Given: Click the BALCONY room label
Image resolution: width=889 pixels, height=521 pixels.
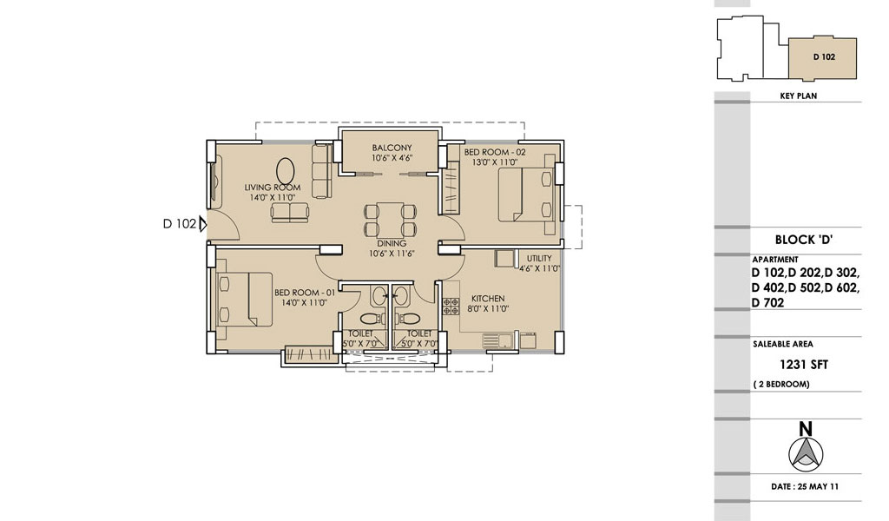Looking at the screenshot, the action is click(392, 148).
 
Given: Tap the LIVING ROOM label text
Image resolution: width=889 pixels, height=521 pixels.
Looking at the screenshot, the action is click(273, 187).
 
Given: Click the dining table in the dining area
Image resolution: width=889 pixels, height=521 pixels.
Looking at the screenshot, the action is click(392, 220).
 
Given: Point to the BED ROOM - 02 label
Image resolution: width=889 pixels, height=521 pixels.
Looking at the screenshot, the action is click(495, 152).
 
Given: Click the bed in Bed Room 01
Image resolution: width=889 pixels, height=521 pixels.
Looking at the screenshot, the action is click(245, 299).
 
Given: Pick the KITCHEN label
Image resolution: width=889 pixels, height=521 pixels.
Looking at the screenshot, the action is click(488, 298).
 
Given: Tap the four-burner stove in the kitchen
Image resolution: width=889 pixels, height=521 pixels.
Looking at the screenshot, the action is click(451, 307).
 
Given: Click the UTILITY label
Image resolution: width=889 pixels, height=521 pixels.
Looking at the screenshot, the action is click(539, 259).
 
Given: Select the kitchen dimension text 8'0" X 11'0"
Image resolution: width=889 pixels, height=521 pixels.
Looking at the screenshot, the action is click(488, 309).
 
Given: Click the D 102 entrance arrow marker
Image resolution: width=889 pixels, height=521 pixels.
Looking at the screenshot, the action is click(202, 224).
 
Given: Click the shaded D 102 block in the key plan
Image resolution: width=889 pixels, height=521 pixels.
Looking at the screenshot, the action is click(823, 58).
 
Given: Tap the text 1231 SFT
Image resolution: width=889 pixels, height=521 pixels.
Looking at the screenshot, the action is click(804, 365).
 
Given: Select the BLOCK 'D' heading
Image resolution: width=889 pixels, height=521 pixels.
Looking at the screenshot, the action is click(803, 240).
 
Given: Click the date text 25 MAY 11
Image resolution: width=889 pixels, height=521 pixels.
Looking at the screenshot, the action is click(818, 486).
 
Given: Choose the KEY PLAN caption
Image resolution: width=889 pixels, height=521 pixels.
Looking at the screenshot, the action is click(799, 96).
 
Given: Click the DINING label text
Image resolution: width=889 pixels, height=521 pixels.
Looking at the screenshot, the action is click(392, 243).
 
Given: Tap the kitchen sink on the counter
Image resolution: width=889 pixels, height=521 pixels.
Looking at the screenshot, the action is click(497, 340).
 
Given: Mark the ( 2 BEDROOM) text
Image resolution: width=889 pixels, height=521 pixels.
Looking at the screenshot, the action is click(781, 385).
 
